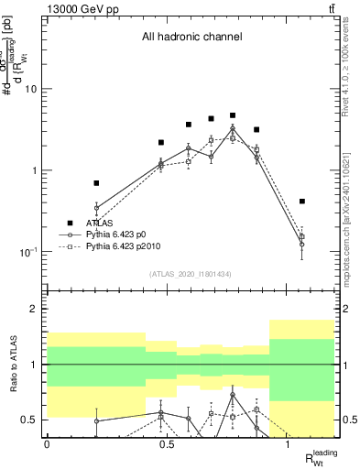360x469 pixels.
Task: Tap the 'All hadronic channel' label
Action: (191, 38)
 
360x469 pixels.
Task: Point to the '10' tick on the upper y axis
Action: (32, 89)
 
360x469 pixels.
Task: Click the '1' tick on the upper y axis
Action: (35, 170)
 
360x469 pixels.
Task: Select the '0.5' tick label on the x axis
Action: (167, 444)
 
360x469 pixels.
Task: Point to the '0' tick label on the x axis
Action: (47, 444)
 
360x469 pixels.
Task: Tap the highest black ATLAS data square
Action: (233, 115)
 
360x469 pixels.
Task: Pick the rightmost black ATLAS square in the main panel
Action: (301, 202)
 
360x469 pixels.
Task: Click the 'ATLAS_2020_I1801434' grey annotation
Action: (190, 275)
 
